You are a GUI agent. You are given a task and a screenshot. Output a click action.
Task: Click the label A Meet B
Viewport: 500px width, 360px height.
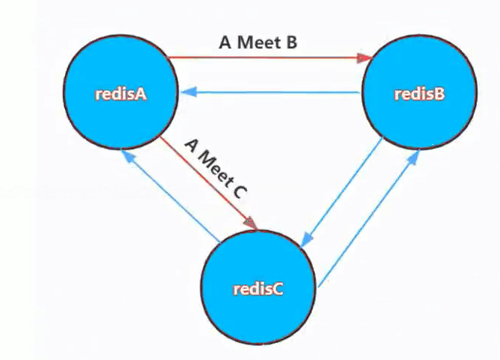tap(258, 42)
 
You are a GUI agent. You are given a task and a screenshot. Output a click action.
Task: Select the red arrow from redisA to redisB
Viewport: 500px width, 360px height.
tap(269, 58)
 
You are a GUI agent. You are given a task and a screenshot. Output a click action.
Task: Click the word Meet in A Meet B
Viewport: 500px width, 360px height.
tap(257, 42)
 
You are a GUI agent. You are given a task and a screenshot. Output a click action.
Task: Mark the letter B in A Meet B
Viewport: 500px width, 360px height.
tap(291, 42)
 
